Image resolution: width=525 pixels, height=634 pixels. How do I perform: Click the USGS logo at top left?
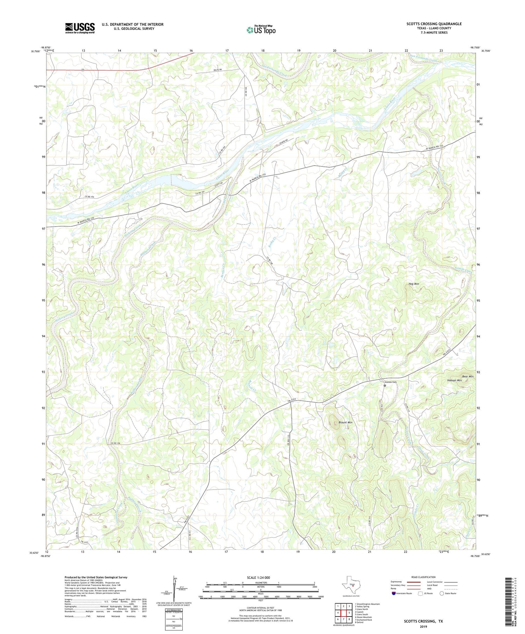click(x=80, y=28)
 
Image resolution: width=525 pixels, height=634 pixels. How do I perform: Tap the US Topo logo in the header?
click(x=261, y=30)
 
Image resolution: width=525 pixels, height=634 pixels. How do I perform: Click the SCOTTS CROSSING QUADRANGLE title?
click(x=434, y=24)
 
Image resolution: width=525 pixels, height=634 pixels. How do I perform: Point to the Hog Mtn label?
click(x=414, y=284)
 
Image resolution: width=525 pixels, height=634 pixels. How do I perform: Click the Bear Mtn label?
click(x=468, y=377)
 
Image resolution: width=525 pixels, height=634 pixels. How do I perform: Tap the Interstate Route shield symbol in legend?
click(x=394, y=593)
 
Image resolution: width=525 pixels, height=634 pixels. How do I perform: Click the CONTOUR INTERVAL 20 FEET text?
click(x=261, y=608)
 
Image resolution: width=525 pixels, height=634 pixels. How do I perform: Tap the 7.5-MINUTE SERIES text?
click(x=434, y=33)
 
